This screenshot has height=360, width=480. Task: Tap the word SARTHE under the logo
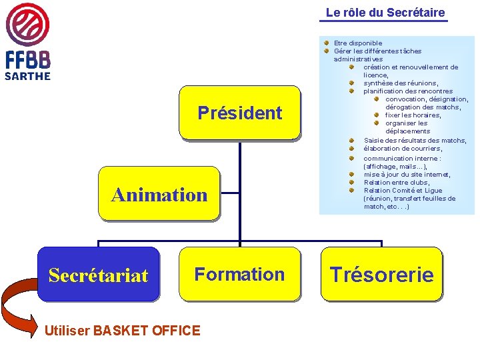coord(27,75)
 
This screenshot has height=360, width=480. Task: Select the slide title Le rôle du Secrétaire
coord(385,13)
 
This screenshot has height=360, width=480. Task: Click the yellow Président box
coord(239,113)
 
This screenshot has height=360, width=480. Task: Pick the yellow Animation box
coord(159,194)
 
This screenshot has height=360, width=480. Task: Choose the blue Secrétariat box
coord(98,274)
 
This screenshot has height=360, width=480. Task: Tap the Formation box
coord(239,274)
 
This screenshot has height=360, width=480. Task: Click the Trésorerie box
coord(381,274)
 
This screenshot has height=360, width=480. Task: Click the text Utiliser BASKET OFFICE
coord(121,330)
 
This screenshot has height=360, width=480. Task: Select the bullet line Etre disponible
coord(358,43)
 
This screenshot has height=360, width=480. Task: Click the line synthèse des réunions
coord(401,83)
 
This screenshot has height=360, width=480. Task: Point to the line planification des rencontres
coord(408,91)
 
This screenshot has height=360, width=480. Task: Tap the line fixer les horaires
coord(413,115)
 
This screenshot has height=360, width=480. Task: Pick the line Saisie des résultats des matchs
coord(415,141)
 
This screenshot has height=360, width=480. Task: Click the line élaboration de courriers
coord(403,149)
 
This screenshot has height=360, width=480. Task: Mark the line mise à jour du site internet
coord(407,175)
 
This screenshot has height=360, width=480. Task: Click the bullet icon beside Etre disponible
coord(327,43)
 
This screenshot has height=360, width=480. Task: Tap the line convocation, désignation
coord(427,99)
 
